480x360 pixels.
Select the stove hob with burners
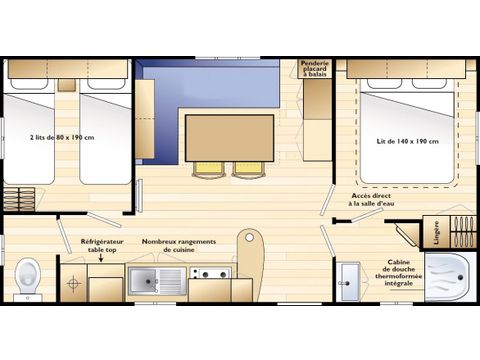click(208, 272)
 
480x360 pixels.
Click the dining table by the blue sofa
click(229, 137)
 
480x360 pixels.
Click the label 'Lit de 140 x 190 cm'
click(408, 140)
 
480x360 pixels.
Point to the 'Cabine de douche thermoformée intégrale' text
click(407, 275)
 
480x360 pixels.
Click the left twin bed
click(29, 135)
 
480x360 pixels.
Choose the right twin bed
click(104, 135)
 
